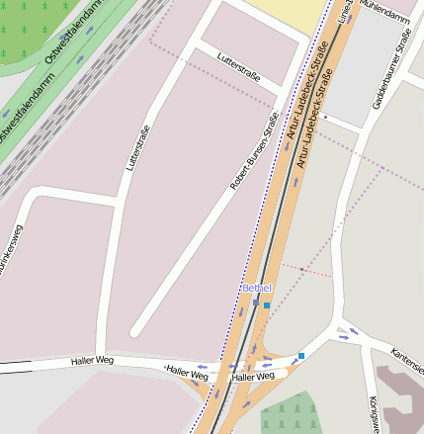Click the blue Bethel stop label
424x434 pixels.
point(256,288)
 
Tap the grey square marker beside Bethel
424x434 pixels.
point(256,303)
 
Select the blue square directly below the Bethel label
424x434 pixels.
point(266,305)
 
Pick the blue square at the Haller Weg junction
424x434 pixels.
point(301,355)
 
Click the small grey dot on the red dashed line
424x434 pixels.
point(301,269)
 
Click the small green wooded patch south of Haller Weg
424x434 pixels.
point(292,415)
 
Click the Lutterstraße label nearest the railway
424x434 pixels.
point(137,148)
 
